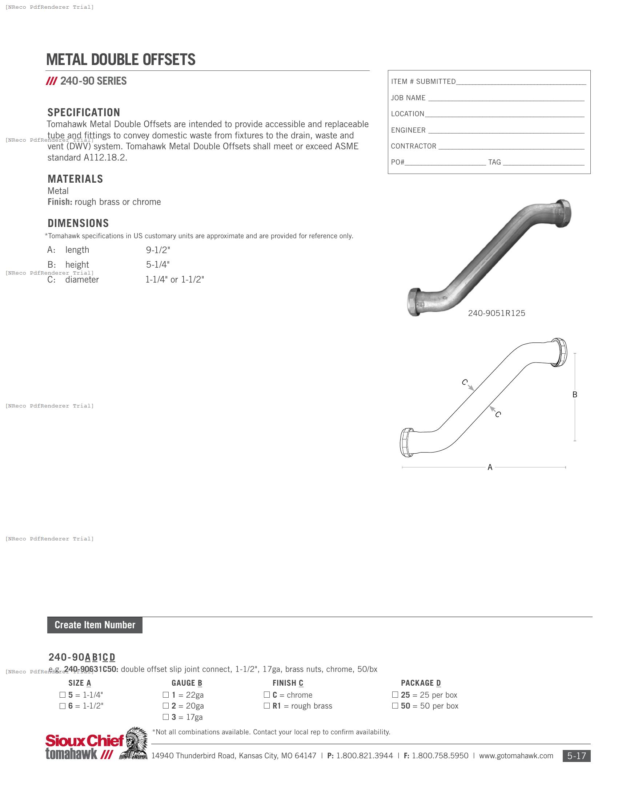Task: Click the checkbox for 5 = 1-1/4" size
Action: pos(63,694)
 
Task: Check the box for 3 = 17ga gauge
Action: pos(166,717)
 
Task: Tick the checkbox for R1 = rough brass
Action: pos(267,705)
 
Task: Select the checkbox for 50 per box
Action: pos(395,705)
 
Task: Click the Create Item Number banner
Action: pos(95,625)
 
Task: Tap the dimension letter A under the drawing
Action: pos(490,467)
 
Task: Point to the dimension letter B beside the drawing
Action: pos(575,394)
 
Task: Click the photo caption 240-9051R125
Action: pos(497,313)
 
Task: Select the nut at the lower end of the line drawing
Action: pos(407,443)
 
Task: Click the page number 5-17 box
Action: pos(576,756)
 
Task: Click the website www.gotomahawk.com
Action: pos(516,756)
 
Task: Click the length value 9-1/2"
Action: pos(158,250)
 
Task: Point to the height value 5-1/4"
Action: pos(158,264)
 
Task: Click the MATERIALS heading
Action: pos(75,179)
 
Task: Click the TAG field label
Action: pos(494,162)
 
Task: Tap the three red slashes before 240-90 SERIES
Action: pos(52,81)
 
